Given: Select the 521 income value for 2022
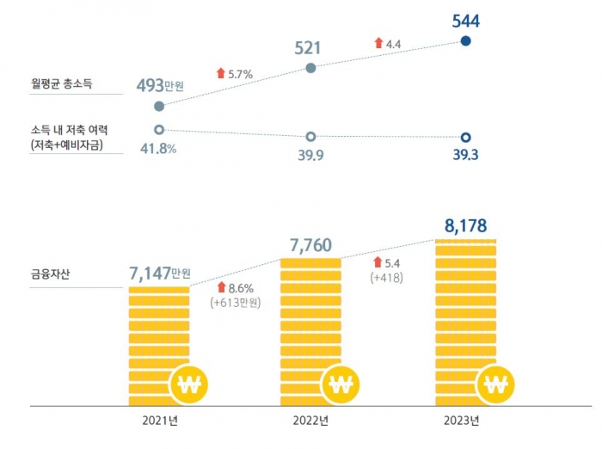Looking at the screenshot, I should pyautogui.click(x=308, y=47).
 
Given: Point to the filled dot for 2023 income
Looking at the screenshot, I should pyautogui.click(x=465, y=40).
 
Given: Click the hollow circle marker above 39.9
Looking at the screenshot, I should pyautogui.click(x=310, y=136).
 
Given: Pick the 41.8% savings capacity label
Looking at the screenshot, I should pyautogui.click(x=159, y=149).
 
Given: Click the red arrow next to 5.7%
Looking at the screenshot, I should pyautogui.click(x=221, y=74).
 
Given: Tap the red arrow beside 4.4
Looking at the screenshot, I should pyautogui.click(x=378, y=42).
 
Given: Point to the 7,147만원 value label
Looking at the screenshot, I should pyautogui.click(x=159, y=274).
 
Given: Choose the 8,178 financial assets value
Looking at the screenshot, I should pyautogui.click(x=465, y=226).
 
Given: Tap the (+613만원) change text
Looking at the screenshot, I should pyautogui.click(x=235, y=303).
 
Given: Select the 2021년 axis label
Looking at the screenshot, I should pyautogui.click(x=160, y=421).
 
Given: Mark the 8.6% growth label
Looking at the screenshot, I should pyautogui.click(x=240, y=287).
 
